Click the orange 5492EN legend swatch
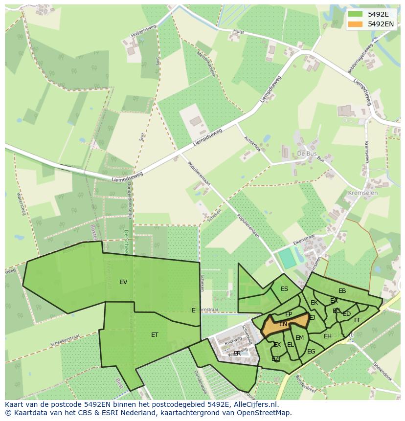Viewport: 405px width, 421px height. point(356,24)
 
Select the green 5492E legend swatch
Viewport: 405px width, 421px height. point(356,14)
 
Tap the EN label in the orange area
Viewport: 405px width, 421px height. point(283,324)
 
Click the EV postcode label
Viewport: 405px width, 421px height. point(123,282)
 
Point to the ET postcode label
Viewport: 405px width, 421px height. point(155,335)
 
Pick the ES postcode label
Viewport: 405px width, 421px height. point(284,289)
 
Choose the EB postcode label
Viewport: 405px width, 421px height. point(342,291)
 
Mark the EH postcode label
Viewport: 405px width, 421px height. point(328,336)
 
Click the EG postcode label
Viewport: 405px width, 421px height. point(311,352)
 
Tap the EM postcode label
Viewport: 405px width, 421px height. point(299,338)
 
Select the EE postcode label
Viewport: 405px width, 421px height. point(358,320)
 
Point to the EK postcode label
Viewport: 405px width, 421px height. point(314,303)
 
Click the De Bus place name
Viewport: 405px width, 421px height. point(307,154)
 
